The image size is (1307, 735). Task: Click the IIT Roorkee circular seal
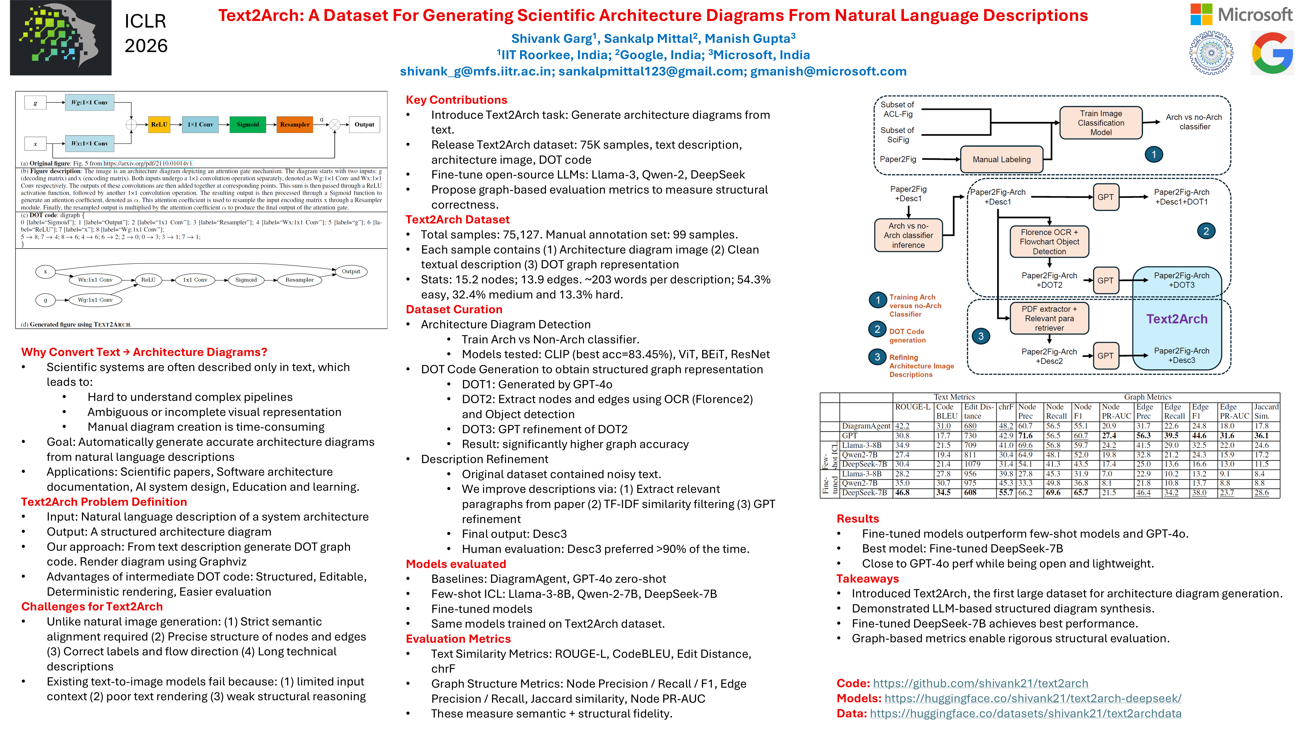pos(1211,53)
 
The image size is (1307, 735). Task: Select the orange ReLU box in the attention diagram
pos(159,124)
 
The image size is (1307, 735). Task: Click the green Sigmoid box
pos(248,124)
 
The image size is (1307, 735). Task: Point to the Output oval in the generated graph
pos(350,271)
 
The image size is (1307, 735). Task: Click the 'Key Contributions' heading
pos(456,100)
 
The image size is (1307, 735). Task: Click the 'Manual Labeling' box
pos(1001,159)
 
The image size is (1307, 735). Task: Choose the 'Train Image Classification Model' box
pos(1100,123)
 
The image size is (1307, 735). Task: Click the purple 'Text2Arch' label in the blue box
pos(1177,319)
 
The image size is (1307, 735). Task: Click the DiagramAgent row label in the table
pos(866,426)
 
